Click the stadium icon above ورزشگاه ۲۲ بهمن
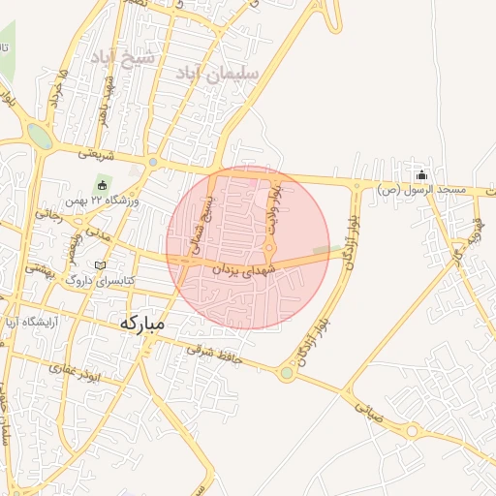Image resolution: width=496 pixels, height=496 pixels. click(103, 184)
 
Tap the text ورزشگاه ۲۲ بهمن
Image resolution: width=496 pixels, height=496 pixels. click(102, 201)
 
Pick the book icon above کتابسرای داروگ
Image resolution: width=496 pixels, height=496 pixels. click(101, 264)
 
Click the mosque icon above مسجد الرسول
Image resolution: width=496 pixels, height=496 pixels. click(421, 175)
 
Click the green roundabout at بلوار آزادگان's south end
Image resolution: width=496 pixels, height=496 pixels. click(287, 373)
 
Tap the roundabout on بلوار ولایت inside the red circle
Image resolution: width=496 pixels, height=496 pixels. click(269, 246)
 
